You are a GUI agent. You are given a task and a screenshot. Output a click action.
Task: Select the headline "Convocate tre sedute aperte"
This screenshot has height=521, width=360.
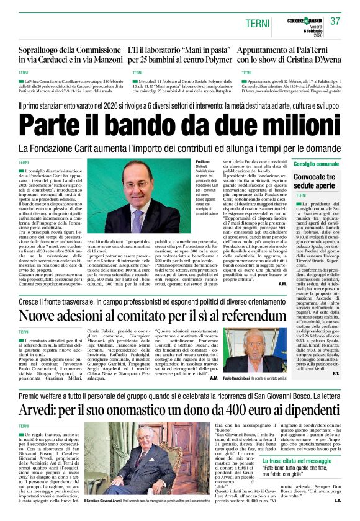(318, 181)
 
